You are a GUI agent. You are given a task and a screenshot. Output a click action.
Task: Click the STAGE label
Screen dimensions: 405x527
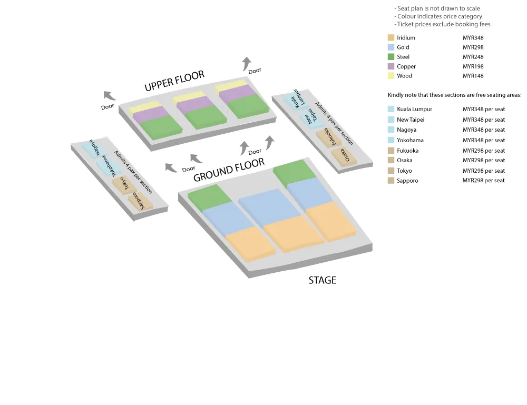click(322, 280)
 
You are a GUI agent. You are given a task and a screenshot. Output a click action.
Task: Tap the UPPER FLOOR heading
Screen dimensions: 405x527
click(174, 81)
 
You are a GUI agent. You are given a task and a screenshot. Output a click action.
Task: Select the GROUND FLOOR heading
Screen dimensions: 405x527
click(229, 170)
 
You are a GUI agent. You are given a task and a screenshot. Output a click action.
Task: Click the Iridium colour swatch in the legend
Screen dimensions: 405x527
click(391, 38)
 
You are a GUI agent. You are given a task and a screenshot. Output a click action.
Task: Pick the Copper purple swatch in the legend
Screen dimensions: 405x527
click(391, 66)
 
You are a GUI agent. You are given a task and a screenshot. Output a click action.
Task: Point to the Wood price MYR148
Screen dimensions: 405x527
click(473, 76)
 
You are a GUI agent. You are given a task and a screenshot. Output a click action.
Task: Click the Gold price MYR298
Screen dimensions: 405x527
click(473, 47)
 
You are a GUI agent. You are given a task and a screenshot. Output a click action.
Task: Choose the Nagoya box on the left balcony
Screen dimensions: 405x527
click(95, 147)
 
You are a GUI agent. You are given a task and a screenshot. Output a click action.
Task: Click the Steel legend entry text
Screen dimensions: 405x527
click(403, 57)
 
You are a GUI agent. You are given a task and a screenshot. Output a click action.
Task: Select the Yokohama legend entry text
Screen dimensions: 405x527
click(410, 140)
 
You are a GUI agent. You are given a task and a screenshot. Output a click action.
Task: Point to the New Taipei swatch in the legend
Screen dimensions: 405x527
click(391, 120)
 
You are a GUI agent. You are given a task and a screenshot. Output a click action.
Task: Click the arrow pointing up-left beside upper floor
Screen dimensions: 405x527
click(109, 95)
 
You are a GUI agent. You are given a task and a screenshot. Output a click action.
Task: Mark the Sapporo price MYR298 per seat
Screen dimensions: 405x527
click(483, 181)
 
